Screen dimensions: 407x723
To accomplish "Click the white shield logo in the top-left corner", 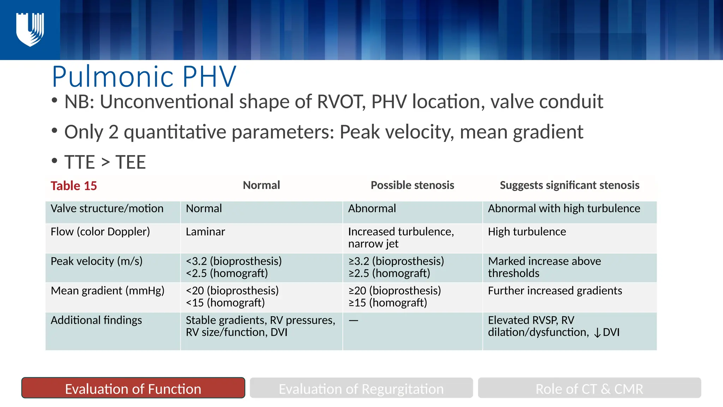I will click(x=30, y=30).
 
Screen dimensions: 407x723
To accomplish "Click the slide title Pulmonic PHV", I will click(x=144, y=77).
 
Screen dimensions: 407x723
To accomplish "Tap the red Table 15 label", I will click(x=73, y=186).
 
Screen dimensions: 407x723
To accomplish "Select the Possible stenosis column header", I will click(x=412, y=185).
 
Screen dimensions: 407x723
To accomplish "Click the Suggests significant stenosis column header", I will click(x=569, y=185).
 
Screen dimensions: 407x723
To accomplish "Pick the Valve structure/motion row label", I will click(x=107, y=208).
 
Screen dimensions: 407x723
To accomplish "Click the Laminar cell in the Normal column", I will click(x=205, y=232).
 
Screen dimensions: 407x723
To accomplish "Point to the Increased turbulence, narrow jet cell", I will click(x=401, y=237).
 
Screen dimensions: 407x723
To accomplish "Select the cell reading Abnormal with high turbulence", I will click(x=564, y=208).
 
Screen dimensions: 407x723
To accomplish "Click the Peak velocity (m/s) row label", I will click(x=96, y=261).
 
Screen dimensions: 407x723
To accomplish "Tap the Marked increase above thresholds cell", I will click(x=544, y=267).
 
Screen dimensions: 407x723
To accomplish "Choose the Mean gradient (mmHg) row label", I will click(x=107, y=290).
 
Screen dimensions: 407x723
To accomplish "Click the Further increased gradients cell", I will click(x=555, y=290).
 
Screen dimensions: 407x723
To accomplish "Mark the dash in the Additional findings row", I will click(x=353, y=320).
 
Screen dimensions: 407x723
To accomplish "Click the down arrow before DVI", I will click(x=597, y=333).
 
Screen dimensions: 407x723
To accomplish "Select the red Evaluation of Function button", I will click(x=133, y=388).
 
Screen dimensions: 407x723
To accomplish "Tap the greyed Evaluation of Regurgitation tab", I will click(x=361, y=388).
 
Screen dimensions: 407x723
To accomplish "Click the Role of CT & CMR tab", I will click(x=589, y=388).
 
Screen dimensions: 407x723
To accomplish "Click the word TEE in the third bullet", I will click(x=131, y=162).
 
